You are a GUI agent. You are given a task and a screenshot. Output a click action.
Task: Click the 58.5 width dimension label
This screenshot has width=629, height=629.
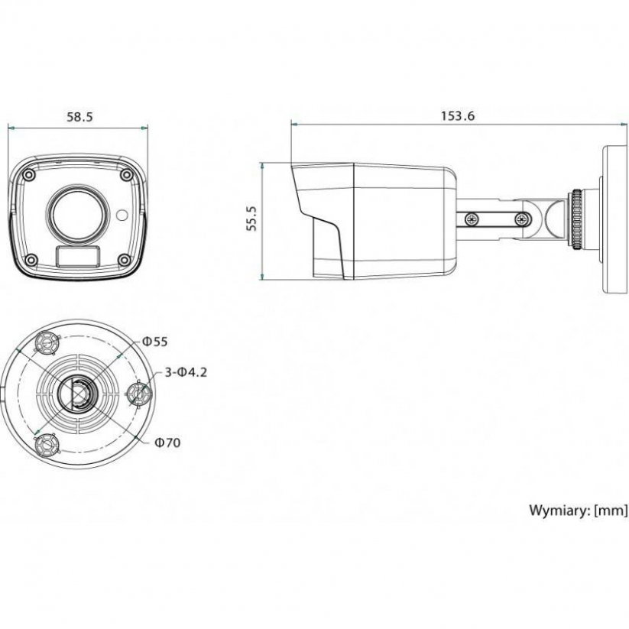tap(79, 117)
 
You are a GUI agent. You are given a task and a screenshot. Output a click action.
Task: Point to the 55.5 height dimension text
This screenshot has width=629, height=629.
tap(251, 219)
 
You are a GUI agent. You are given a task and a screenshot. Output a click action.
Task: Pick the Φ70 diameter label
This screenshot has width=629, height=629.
tap(166, 442)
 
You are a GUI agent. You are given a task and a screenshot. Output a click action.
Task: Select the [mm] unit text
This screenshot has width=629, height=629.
tap(611, 510)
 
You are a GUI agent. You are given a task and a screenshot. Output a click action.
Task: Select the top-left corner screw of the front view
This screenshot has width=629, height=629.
tap(29, 175)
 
